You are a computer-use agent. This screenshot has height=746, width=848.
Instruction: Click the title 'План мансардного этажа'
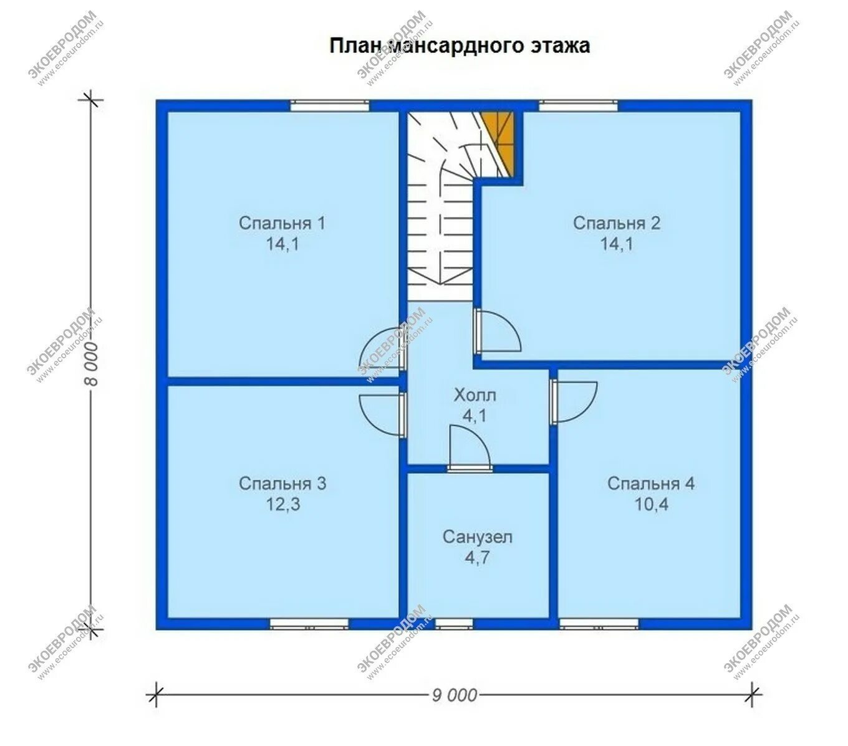tap(459, 45)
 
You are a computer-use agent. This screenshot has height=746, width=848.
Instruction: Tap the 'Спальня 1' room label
tap(282, 223)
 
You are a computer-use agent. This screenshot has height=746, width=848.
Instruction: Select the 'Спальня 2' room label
tap(616, 223)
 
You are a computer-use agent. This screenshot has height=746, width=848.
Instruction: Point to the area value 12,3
tap(283, 505)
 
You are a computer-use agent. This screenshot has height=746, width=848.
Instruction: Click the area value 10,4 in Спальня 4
tap(652, 505)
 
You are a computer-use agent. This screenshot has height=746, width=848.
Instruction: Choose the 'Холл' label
tap(475, 395)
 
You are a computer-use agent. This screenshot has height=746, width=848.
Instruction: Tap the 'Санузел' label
tap(477, 537)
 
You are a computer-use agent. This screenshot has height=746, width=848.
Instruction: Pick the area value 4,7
tap(477, 558)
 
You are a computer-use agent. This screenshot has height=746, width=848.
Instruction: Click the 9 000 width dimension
tap(454, 696)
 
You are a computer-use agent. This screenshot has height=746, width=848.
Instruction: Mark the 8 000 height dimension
tap(92, 363)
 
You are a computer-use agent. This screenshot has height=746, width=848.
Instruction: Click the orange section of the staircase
tap(500, 141)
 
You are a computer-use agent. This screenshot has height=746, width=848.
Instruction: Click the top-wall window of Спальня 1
tap(330, 106)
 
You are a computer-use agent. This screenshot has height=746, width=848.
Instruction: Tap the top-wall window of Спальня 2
tap(577, 106)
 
